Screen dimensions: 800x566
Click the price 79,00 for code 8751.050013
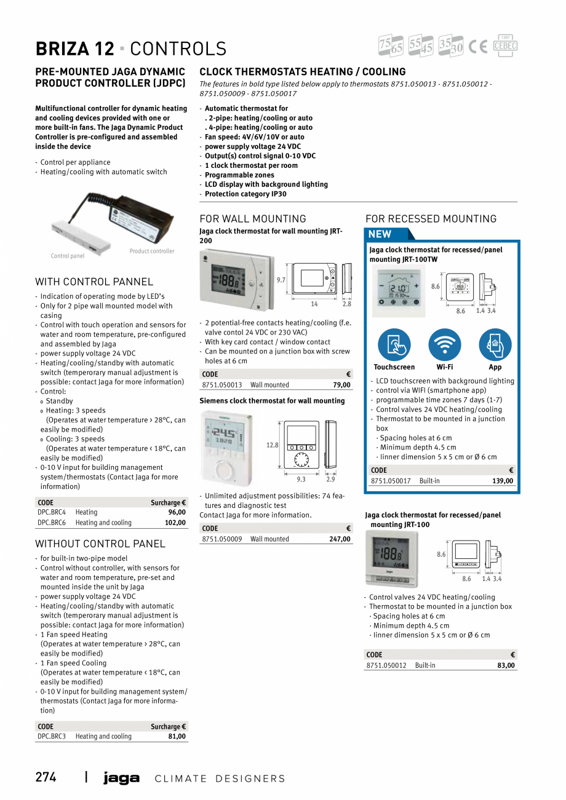[x=341, y=385]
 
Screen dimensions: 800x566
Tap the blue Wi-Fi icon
[x=445, y=345]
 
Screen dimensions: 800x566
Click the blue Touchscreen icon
[x=394, y=345]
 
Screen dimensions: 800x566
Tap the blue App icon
[x=495, y=345]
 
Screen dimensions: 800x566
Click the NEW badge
[x=380, y=234]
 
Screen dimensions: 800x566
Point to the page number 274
[x=46, y=777]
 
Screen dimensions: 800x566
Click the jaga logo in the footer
[x=121, y=778]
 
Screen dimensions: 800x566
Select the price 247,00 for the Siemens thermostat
[x=340, y=539]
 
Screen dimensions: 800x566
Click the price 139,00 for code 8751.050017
[x=503, y=481]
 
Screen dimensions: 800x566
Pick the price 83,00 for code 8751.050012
[x=506, y=665]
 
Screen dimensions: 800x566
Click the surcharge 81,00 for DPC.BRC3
[x=177, y=737]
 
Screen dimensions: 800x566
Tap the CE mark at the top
[x=477, y=47]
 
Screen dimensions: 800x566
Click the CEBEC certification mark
[x=505, y=46]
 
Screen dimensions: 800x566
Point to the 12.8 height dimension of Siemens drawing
[x=272, y=445]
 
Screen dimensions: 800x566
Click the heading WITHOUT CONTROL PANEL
[x=100, y=544]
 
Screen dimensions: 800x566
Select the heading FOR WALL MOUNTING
[x=253, y=219]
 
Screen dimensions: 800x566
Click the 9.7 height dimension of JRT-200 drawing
[x=281, y=280]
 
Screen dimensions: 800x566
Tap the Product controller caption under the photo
[x=152, y=251]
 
